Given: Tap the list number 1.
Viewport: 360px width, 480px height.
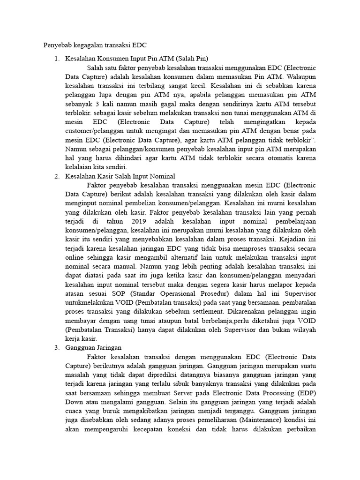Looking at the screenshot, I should click(57, 59).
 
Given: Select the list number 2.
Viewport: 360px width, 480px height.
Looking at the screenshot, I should click(57, 176).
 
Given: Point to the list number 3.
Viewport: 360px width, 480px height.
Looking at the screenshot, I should click(57, 347).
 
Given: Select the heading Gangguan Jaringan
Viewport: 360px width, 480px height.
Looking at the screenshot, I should click(94, 347).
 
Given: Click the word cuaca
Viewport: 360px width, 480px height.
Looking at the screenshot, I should click(74, 407).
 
